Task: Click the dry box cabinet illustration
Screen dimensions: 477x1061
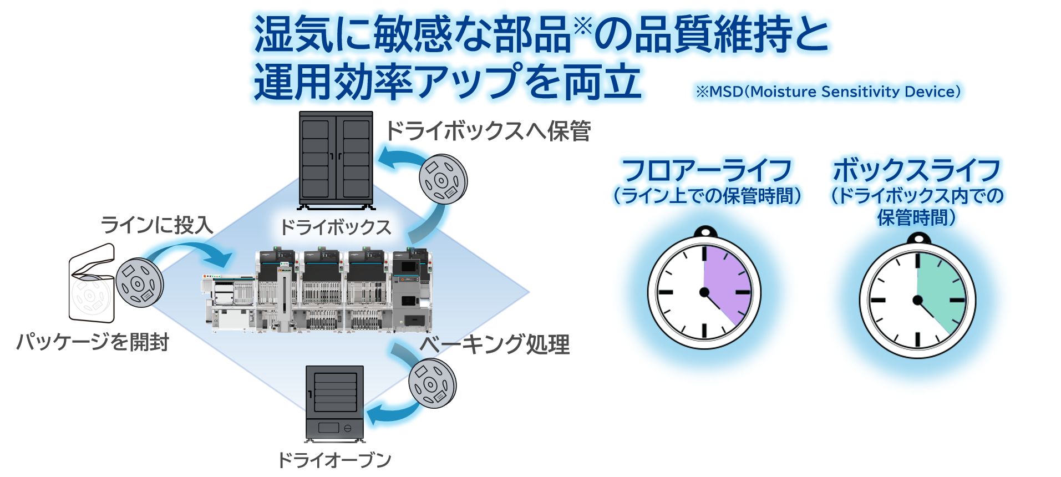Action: (x=336, y=160)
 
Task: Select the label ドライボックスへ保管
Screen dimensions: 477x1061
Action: (x=488, y=131)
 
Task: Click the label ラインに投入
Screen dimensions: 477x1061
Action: (x=157, y=225)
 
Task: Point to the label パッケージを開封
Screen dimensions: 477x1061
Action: (x=93, y=342)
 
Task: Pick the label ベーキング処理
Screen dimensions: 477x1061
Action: (x=494, y=344)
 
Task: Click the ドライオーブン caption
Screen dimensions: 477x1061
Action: (x=334, y=460)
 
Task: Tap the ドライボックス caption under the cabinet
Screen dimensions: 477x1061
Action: (x=336, y=227)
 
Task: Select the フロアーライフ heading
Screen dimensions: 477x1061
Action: (x=707, y=170)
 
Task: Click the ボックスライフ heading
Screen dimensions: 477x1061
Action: (x=916, y=170)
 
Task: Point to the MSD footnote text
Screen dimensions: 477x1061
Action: (x=828, y=92)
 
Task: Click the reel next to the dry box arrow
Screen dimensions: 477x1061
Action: (x=443, y=179)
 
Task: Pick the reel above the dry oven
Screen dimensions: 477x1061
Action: (x=432, y=383)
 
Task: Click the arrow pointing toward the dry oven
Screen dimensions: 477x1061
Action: (x=388, y=414)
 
